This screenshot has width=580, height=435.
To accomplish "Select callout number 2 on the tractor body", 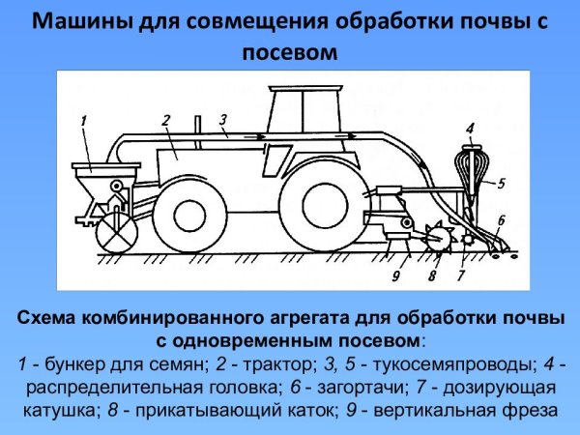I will (166, 119).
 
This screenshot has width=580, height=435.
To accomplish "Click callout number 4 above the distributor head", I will (469, 127).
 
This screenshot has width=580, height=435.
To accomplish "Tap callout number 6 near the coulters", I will (501, 221).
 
